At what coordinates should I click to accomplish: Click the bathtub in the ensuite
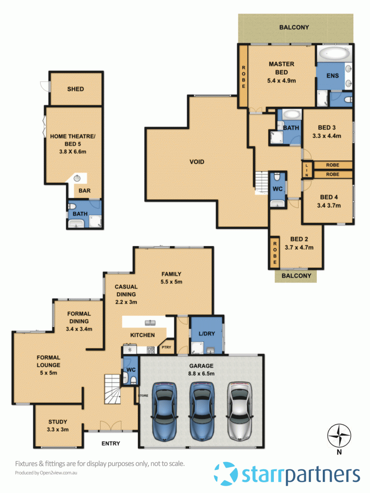coord(333,54)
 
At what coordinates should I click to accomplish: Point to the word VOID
coord(197,162)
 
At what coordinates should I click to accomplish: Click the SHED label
coord(75,89)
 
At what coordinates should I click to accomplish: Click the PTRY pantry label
coord(166,348)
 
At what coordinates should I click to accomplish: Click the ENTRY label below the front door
coord(111,444)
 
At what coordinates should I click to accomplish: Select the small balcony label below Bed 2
coord(296,277)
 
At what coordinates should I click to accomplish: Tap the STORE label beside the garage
coord(143,395)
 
